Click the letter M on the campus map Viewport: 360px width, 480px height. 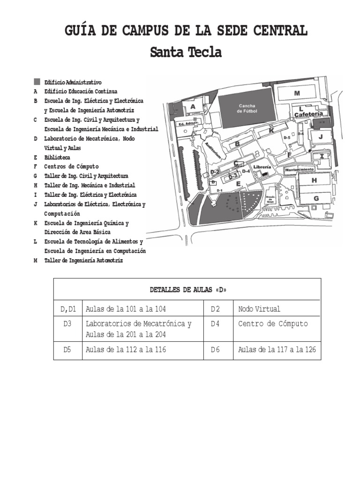(x=297, y=93)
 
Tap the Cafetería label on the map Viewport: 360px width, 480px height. (x=308, y=114)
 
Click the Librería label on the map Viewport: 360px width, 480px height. (x=263, y=167)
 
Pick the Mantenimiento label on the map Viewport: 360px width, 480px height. (x=300, y=169)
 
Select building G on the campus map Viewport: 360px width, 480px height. (x=316, y=198)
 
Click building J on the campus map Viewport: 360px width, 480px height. (x=321, y=136)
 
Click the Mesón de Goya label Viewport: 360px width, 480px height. (x=270, y=199)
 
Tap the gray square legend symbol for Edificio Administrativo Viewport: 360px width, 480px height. (x=37, y=82)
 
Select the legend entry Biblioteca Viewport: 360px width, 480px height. (x=57, y=157)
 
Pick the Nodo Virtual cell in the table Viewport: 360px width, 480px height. (x=259, y=309)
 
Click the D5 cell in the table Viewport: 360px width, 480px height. (x=68, y=350)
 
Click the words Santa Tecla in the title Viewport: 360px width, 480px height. (x=186, y=52)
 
